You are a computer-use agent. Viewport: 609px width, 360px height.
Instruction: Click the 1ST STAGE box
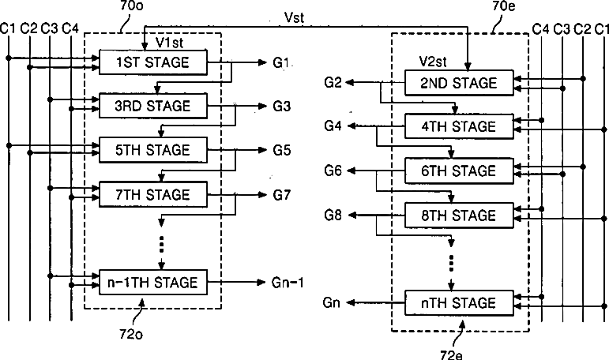click(153, 62)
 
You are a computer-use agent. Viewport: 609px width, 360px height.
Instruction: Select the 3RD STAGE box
click(153, 105)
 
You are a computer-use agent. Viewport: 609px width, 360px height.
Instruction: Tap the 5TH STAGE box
click(153, 149)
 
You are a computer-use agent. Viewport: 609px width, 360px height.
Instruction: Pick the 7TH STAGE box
click(153, 193)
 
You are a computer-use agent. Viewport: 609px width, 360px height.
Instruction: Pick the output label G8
click(333, 214)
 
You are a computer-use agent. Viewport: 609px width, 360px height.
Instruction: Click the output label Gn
click(333, 302)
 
